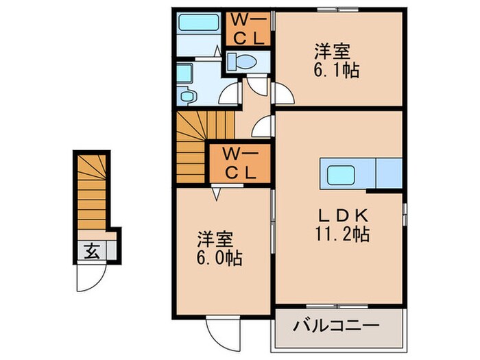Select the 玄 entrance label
click(92, 251)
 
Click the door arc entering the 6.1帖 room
click(283, 94)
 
